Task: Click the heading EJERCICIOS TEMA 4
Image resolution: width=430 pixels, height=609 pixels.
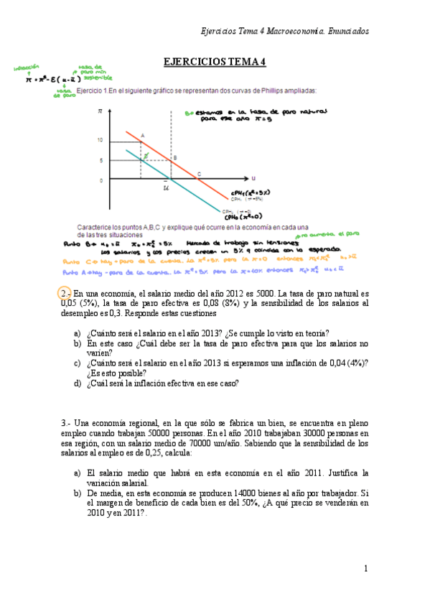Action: pos(215,62)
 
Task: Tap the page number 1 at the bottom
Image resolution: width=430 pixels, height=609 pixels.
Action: pos(365,569)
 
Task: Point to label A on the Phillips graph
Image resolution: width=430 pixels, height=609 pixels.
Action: pos(142,135)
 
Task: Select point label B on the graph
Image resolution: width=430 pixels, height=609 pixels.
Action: pos(174,157)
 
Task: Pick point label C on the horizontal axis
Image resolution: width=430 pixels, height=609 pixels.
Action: pos(199,173)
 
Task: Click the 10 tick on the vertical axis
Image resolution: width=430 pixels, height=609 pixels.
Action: pos(101,141)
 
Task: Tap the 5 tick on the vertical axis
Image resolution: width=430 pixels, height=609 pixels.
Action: pos(103,160)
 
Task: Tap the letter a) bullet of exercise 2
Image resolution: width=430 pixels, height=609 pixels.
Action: pos(78,333)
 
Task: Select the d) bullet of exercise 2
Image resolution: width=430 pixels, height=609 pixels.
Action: pos(78,383)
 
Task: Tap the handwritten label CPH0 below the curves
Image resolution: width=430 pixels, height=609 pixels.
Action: pos(240,216)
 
